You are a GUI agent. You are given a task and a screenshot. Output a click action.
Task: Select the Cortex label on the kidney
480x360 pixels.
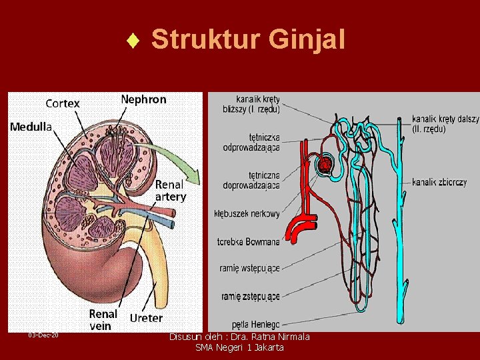[x=63, y=103]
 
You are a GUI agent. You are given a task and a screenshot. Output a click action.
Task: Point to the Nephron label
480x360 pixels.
[x=143, y=99]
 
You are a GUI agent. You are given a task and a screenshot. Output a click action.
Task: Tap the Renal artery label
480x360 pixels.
[x=171, y=190]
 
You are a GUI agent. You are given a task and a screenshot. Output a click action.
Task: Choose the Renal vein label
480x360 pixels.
[x=103, y=319]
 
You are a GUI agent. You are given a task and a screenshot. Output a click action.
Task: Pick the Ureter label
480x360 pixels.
[x=146, y=318]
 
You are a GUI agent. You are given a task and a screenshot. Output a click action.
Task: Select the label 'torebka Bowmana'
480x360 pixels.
[x=249, y=241]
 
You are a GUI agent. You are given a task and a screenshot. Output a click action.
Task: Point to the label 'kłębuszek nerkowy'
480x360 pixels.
[x=247, y=214]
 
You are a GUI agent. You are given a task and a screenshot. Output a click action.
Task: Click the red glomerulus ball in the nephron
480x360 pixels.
[x=325, y=164]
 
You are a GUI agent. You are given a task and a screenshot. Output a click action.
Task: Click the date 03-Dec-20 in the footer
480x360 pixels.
[x=43, y=335]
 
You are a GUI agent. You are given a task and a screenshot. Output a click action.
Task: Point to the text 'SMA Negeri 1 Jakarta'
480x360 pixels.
[x=239, y=347]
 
